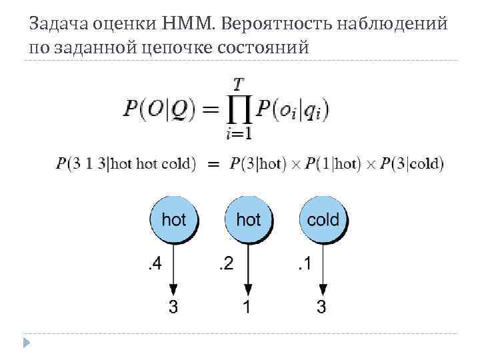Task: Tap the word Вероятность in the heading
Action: pyautogui.click(x=266, y=25)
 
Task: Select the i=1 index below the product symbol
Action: pyautogui.click(x=238, y=134)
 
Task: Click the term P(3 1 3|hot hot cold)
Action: pyautogui.click(x=127, y=163)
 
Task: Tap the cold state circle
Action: pyautogui.click(x=323, y=219)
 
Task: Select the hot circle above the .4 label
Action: pyautogui.click(x=174, y=219)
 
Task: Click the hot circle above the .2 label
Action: pyautogui.click(x=249, y=219)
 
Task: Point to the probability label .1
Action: pyautogui.click(x=304, y=265)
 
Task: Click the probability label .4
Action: pyautogui.click(x=153, y=265)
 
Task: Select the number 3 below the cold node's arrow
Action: pyautogui.click(x=322, y=308)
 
